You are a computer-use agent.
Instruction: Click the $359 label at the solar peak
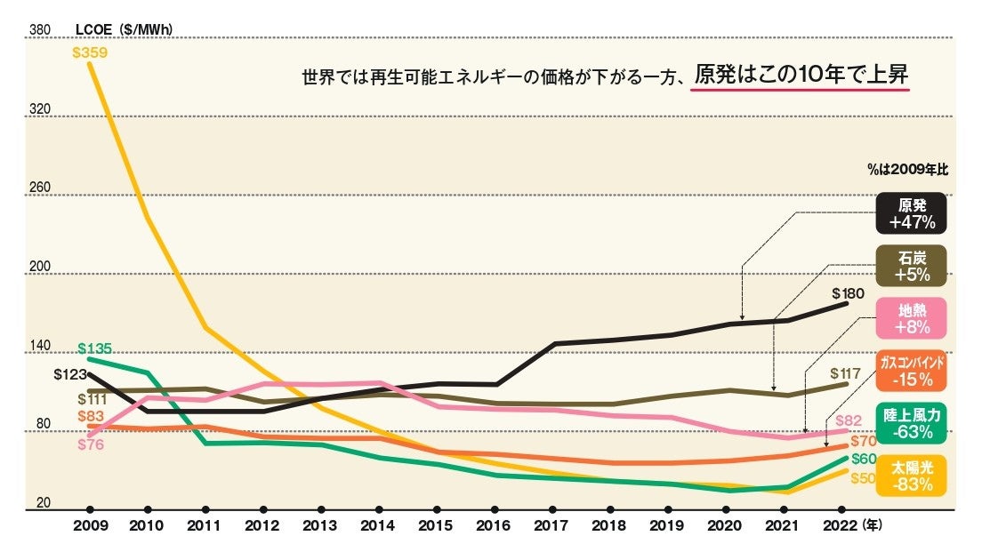pyautogui.click(x=90, y=52)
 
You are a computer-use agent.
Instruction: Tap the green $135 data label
pyautogui.click(x=94, y=348)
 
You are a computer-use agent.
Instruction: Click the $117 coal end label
pyautogui.click(x=846, y=373)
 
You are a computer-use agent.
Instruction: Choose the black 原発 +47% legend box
pyautogui.click(x=910, y=213)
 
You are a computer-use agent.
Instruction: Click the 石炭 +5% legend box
pyautogui.click(x=910, y=266)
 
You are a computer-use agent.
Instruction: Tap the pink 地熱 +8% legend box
pyautogui.click(x=910, y=318)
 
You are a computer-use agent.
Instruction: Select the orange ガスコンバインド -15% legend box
pyautogui.click(x=910, y=371)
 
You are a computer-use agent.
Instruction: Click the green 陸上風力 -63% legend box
pyautogui.click(x=910, y=424)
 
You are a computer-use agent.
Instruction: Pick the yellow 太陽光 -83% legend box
pyautogui.click(x=910, y=476)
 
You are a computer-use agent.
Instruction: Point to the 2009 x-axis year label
pyautogui.click(x=90, y=526)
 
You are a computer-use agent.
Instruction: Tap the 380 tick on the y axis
pyautogui.click(x=39, y=30)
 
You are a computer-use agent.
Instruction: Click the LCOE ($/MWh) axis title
pyautogui.click(x=124, y=29)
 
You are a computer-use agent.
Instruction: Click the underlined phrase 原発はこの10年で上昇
pyautogui.click(x=801, y=76)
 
